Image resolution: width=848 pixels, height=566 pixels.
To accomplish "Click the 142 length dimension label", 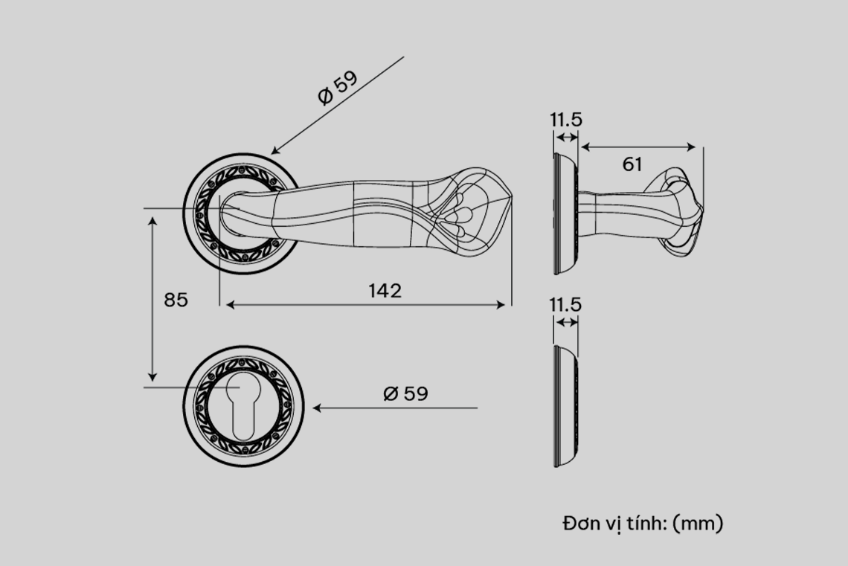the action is (385, 291).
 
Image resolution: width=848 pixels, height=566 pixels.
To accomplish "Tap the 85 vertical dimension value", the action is (176, 300).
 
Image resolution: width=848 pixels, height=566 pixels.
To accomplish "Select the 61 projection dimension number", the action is (632, 164).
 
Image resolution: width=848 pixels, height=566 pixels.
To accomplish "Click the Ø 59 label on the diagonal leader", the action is (338, 87).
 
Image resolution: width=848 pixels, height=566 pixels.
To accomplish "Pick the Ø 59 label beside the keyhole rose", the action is (405, 393).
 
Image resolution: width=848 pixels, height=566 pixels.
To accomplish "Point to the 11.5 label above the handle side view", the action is (566, 120).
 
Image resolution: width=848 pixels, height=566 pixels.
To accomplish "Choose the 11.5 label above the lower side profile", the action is (565, 304).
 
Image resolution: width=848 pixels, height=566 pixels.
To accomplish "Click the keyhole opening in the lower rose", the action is (241, 406).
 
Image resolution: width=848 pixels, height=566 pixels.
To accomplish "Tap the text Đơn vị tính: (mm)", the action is (643, 524).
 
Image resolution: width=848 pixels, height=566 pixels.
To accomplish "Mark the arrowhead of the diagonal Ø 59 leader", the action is (274, 151).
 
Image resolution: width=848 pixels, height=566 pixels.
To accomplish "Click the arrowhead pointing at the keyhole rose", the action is (317, 408).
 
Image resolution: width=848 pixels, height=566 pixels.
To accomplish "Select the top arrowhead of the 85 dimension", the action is (153, 221).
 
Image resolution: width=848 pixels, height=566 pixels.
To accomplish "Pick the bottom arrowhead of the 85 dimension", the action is (153, 377).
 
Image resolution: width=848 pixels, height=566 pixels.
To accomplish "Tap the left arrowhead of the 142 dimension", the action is (230, 305).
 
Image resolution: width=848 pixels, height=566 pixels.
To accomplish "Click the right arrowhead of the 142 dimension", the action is (501, 305).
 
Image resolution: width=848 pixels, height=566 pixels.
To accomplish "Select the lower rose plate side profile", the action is (566, 406).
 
